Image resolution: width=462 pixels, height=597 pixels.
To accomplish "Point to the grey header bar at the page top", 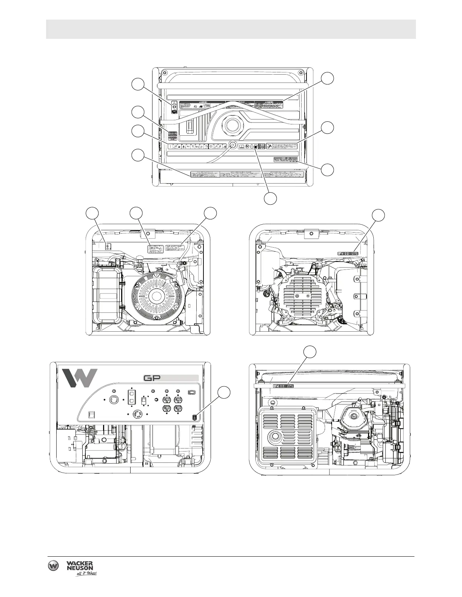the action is pyautogui.click(x=231, y=29).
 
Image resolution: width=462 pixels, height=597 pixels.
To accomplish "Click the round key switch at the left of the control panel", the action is pyautogui.click(x=112, y=400).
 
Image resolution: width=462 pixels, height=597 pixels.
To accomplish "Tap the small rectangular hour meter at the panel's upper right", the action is pyautogui.click(x=192, y=392).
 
